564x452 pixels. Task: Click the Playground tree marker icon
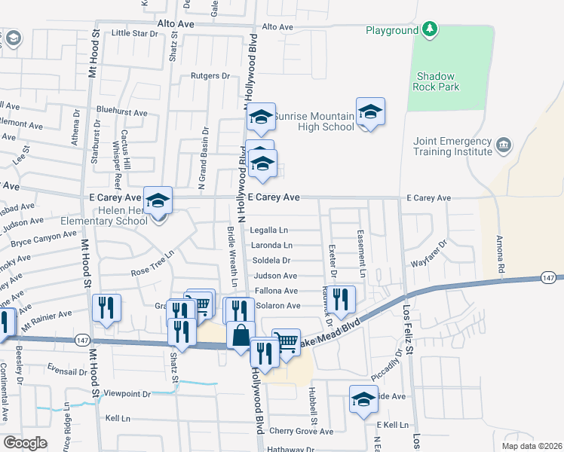pos(430,29)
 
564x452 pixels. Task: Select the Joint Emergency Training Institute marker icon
pos(504,144)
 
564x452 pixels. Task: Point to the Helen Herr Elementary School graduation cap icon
pos(158,200)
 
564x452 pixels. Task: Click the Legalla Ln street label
pos(269,230)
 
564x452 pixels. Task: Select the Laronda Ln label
pos(271,246)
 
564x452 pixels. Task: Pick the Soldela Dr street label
pos(271,261)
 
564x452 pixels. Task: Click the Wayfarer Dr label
pos(429,264)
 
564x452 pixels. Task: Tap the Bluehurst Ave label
pos(122,112)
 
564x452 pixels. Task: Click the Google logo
pos(25,442)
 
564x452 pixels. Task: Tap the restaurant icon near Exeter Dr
pos(342,299)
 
